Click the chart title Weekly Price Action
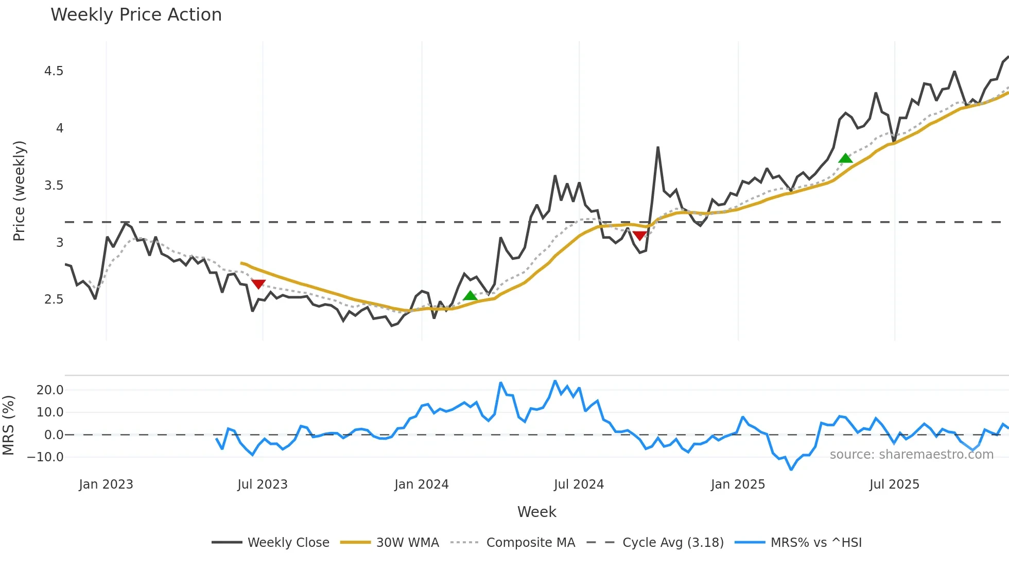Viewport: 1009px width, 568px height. point(136,15)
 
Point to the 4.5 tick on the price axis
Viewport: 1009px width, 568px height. point(54,71)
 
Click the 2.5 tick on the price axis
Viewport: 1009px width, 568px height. point(54,299)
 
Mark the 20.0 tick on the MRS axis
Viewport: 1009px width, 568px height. point(50,390)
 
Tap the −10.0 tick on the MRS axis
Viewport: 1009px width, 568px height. point(46,457)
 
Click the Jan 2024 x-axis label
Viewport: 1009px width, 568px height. point(422,485)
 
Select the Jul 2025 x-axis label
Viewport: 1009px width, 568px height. point(894,485)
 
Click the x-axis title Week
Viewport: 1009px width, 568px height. point(536,512)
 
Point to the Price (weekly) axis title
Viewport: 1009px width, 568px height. point(19,191)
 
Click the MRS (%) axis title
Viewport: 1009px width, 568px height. point(8,425)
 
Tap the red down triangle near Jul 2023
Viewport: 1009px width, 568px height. point(258,284)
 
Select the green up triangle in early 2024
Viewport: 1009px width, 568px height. point(470,296)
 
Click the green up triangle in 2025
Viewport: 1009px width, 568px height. point(845,158)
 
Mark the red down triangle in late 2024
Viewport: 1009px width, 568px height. point(640,236)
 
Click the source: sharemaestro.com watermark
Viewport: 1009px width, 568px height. point(911,455)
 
